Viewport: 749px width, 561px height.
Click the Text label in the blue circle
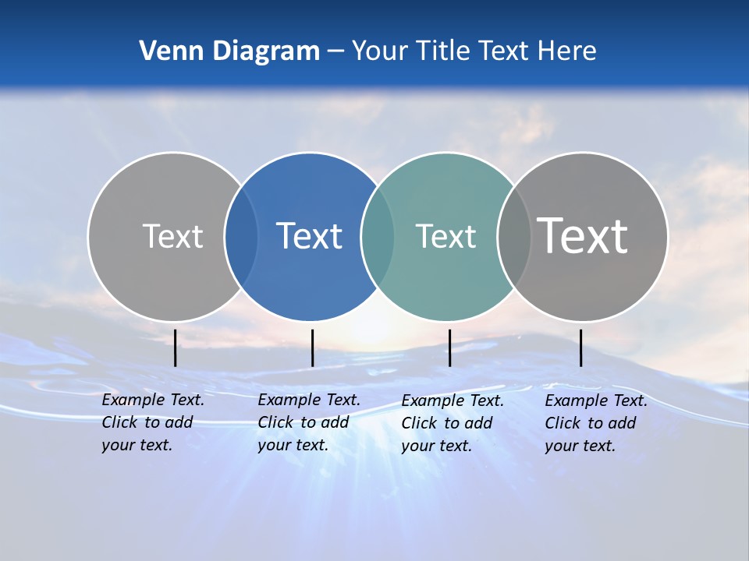coord(310,236)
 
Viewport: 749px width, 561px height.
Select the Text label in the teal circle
coord(445,236)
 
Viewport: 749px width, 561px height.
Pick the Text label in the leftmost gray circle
coord(172,236)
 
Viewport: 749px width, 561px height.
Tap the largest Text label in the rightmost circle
coord(583,235)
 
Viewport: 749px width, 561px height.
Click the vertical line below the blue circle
coord(312,348)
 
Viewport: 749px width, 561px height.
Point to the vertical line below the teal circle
coord(449,348)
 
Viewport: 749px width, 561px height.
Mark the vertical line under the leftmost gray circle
coord(176,348)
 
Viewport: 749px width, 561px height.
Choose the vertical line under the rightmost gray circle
coord(581,348)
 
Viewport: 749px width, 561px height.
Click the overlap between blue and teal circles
coord(378,236)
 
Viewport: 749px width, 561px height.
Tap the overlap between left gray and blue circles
coord(241,236)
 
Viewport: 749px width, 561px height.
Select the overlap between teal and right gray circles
coord(513,236)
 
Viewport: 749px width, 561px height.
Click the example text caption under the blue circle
coord(308,422)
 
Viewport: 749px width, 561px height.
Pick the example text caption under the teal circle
coord(452,423)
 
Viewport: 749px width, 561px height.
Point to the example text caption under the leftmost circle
coord(152,422)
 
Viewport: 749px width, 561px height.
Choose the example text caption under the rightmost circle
coord(595,423)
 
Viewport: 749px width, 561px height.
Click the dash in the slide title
coord(335,51)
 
